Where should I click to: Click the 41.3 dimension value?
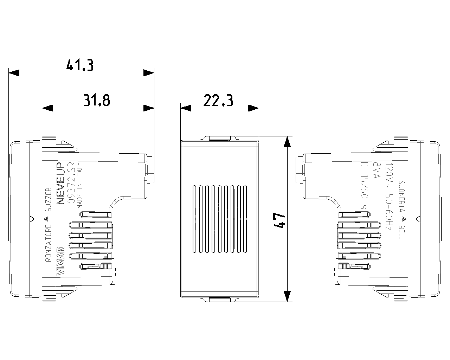tap(80, 65)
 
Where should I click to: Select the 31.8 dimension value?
tap(97, 101)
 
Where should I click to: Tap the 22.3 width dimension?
tap(218, 101)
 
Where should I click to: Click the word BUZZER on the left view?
tap(49, 200)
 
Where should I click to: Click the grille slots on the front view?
tap(219, 219)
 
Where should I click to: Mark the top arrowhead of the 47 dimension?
tap(287, 142)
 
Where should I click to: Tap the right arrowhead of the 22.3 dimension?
tap(253, 108)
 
